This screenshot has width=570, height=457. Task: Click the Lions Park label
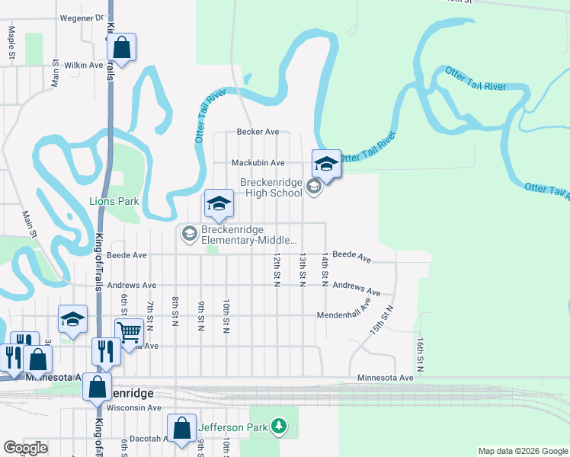tap(114, 201)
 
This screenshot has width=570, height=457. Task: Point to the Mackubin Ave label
tap(258, 162)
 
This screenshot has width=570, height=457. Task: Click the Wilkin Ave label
tap(84, 66)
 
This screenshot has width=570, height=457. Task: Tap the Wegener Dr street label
tap(81, 17)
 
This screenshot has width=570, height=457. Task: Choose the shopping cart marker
tap(129, 332)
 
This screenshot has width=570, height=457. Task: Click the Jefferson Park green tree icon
tap(280, 427)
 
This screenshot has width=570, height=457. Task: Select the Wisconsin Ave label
tap(133, 407)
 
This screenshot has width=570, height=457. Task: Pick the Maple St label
tap(11, 43)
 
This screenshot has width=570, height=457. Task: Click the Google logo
tap(25, 448)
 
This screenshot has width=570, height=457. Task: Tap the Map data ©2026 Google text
tap(523, 451)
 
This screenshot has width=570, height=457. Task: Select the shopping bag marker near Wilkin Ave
tap(122, 47)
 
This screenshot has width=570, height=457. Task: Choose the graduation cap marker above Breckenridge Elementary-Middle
tap(218, 203)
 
